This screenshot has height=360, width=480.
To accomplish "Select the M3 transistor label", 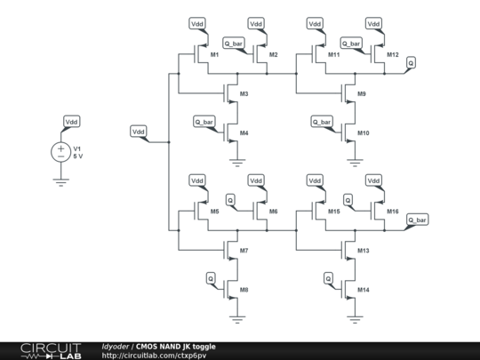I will (x=244, y=93).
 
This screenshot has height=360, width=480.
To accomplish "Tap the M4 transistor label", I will (x=244, y=133).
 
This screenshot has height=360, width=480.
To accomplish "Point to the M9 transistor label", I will (x=362, y=93).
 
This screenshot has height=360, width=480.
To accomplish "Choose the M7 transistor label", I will (x=244, y=252).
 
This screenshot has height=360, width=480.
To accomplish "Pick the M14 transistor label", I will (x=363, y=291).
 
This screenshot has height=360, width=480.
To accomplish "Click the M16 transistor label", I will (x=393, y=212).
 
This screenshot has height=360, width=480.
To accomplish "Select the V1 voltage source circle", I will (x=61, y=152).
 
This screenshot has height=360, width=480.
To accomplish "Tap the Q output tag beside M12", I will (x=411, y=62).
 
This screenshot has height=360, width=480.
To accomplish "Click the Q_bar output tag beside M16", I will (x=417, y=219).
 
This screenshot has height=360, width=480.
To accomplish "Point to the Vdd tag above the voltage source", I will (x=71, y=121).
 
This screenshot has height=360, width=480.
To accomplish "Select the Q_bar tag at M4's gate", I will (x=204, y=121).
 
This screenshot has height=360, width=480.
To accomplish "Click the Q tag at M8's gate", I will (x=211, y=278).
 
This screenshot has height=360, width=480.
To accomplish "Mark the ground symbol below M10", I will (x=356, y=162).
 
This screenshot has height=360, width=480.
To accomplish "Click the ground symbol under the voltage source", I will (x=61, y=181).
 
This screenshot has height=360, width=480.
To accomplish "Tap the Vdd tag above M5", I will (x=196, y=180).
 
